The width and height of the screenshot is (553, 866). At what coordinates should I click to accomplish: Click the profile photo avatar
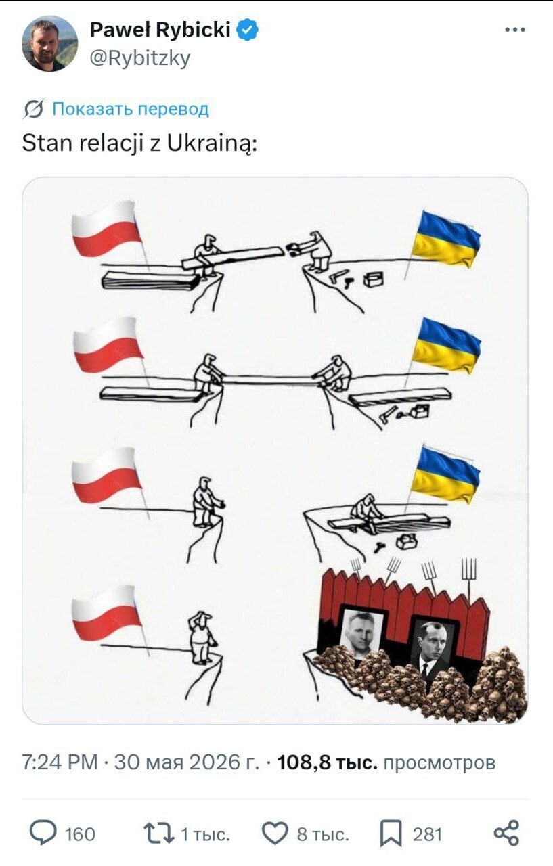click(49, 44)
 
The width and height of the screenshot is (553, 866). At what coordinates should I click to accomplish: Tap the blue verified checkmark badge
click(248, 30)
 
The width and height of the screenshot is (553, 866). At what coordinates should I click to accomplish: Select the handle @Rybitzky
click(140, 59)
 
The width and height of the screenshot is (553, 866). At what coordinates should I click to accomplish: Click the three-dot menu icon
click(515, 30)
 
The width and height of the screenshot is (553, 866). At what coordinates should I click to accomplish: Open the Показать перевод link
click(131, 109)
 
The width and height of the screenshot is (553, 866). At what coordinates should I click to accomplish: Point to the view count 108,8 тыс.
click(327, 762)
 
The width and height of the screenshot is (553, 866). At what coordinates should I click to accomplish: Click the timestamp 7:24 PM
click(60, 762)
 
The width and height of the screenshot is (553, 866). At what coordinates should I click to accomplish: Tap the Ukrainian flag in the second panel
click(445, 345)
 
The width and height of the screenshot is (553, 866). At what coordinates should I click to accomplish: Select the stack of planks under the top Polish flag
click(151, 281)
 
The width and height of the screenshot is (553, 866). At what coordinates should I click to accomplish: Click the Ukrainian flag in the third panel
click(445, 475)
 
